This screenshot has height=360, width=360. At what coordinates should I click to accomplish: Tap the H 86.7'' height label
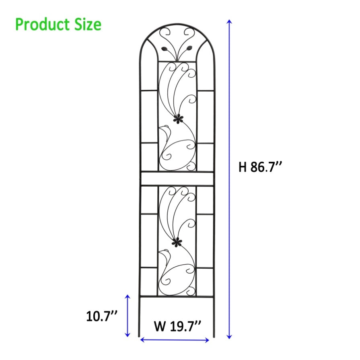(260, 167)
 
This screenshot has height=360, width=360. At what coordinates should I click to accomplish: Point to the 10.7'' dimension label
(102, 316)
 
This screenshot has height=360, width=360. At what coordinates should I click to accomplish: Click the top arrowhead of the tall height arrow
(229, 21)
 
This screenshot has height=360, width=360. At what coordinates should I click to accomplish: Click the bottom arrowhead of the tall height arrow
(229, 337)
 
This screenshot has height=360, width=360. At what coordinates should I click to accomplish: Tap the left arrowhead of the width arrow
(142, 339)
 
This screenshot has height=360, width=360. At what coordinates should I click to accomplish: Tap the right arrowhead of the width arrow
(207, 340)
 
